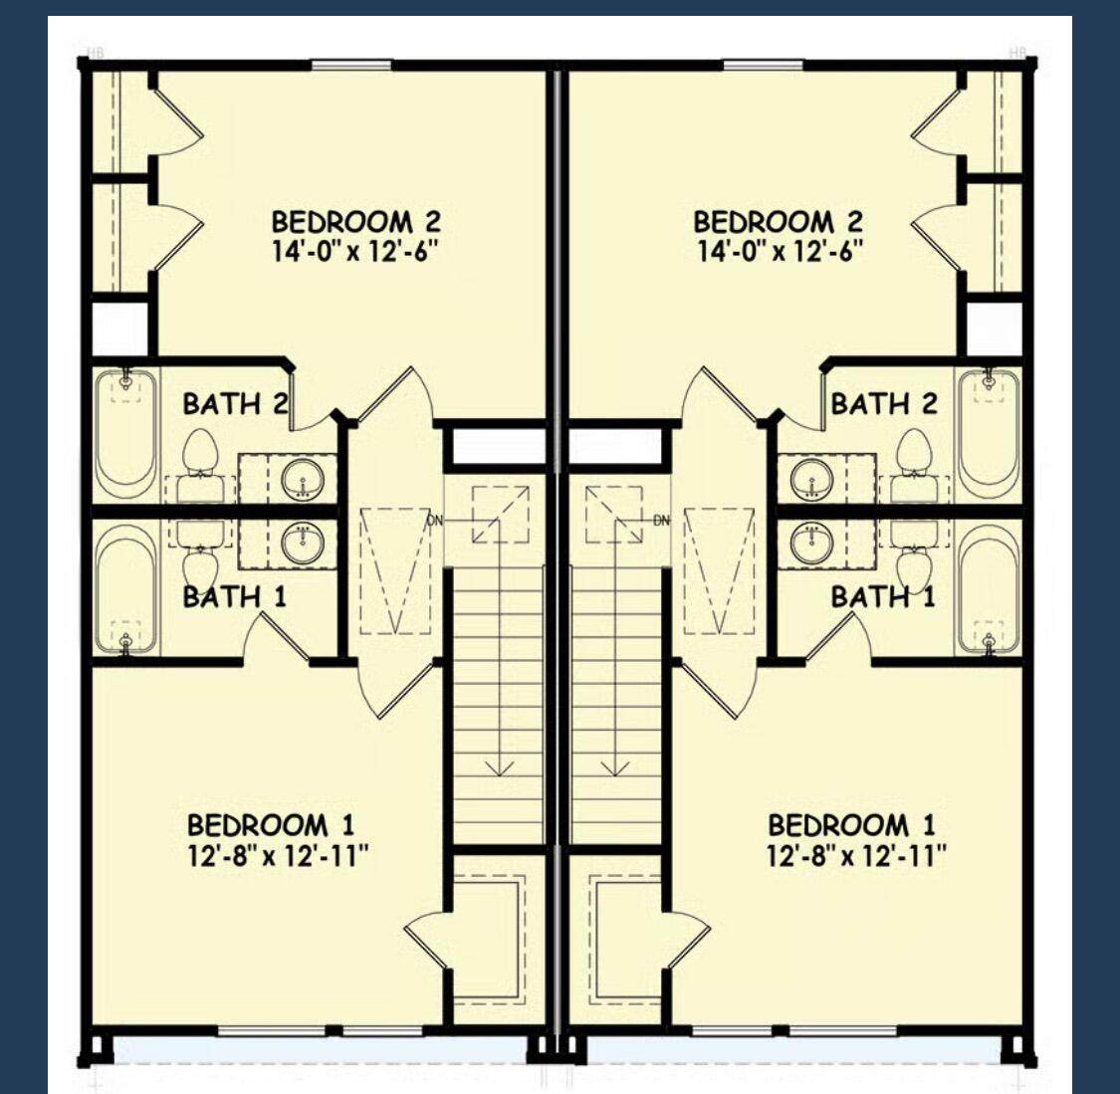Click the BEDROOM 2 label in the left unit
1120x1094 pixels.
click(x=355, y=221)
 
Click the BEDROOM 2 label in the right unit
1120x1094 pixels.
click(x=778, y=221)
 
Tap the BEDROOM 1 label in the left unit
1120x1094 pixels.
click(x=271, y=825)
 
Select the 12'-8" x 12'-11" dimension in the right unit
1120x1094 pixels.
click(x=856, y=855)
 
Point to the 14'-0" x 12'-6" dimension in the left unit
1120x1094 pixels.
click(x=354, y=252)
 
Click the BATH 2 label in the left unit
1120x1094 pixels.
click(x=236, y=404)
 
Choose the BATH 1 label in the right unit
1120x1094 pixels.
click(x=883, y=596)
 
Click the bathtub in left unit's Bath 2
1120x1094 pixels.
click(x=125, y=433)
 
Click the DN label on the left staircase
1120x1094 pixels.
click(x=435, y=521)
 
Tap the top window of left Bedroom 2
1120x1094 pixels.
click(x=351, y=66)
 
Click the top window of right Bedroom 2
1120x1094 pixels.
click(x=764, y=66)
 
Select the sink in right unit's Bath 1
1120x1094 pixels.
click(x=812, y=545)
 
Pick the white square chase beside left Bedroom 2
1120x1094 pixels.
click(x=120, y=329)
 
